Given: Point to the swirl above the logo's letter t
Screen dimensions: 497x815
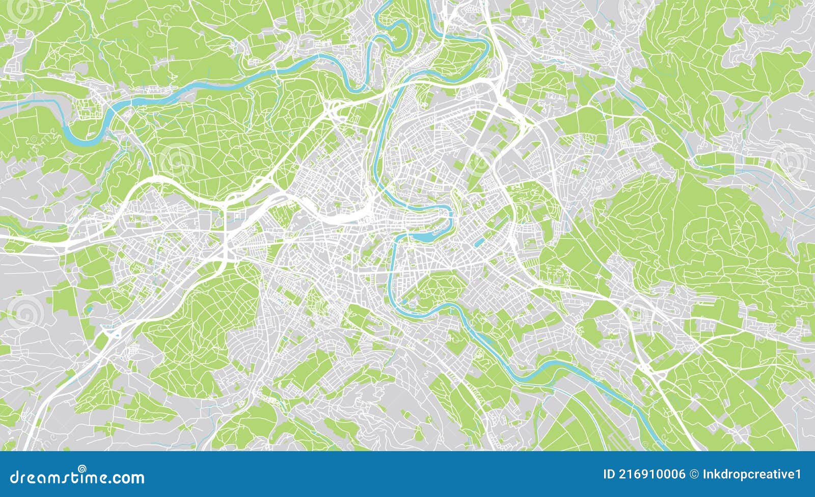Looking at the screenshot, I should click(x=82, y=468).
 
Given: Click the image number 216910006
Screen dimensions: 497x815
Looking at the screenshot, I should click(x=651, y=475).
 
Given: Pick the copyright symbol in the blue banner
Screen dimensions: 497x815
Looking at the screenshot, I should click(x=694, y=475).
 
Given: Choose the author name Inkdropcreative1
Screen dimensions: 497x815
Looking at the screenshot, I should click(x=752, y=475).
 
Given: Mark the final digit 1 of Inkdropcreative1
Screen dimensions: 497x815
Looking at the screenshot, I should click(x=798, y=475).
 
